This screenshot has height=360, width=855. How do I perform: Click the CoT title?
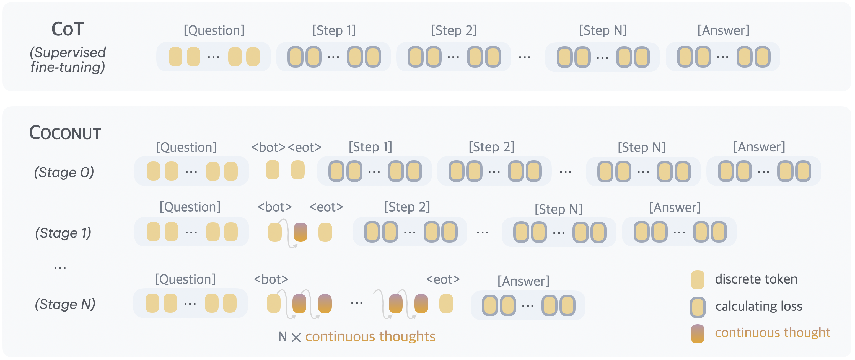[x=68, y=29]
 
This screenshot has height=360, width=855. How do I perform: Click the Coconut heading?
[x=65, y=133]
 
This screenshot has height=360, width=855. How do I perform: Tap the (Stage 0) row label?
[x=64, y=172]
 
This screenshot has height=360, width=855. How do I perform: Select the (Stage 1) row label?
[x=63, y=233]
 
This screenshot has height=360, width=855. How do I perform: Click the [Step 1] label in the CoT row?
[x=334, y=30]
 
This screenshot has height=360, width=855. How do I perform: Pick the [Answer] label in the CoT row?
[x=723, y=30]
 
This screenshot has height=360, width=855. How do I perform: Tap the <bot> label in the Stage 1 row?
[x=274, y=207]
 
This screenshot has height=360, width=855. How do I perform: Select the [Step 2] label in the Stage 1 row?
[x=407, y=207]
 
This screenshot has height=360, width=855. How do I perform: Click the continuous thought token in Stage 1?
[x=300, y=232]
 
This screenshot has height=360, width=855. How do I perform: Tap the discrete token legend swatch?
[x=697, y=280]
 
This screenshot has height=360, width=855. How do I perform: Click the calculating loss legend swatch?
[x=697, y=307]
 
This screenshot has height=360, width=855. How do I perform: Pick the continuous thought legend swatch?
[x=697, y=333]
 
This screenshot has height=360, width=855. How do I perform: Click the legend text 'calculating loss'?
[x=759, y=306]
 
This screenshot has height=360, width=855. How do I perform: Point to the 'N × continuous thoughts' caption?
[x=357, y=337]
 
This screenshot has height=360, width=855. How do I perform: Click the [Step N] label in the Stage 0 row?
[x=641, y=147]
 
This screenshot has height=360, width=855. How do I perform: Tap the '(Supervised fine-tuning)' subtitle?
[x=68, y=60]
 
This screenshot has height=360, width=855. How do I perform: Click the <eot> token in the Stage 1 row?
[x=325, y=232]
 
